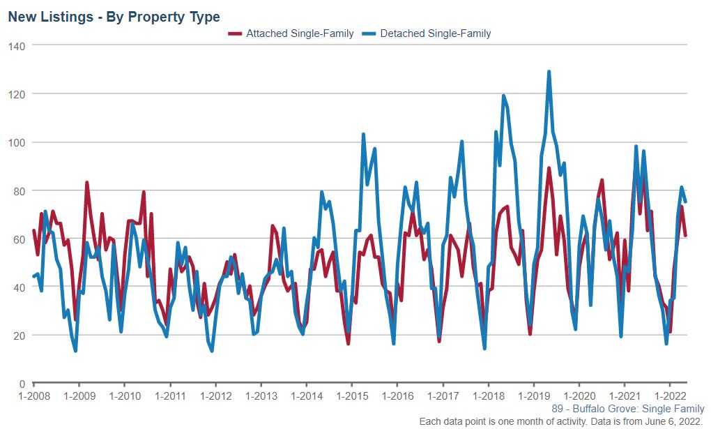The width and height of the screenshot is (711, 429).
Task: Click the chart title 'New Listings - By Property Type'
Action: (x=114, y=17)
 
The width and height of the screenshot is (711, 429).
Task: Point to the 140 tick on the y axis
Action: (x=17, y=45)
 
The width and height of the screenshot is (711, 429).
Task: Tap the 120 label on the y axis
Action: (x=17, y=93)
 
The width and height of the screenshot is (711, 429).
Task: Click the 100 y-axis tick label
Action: (x=17, y=142)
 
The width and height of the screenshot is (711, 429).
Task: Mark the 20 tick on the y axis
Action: (x=20, y=336)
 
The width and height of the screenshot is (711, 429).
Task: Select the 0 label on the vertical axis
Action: (x=22, y=384)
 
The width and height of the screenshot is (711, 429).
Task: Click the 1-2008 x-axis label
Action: (x=33, y=396)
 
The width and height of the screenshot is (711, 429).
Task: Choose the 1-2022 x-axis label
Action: (x=670, y=396)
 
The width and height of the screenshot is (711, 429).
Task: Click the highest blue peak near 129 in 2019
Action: (x=549, y=72)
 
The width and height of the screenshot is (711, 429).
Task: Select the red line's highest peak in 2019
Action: (x=549, y=168)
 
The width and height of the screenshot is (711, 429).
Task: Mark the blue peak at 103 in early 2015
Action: (x=363, y=135)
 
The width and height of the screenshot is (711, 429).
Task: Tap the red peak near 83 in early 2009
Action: (x=86, y=183)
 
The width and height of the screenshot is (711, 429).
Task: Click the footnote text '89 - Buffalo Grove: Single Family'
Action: (x=627, y=409)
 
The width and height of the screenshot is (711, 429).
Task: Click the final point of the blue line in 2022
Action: (x=685, y=202)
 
